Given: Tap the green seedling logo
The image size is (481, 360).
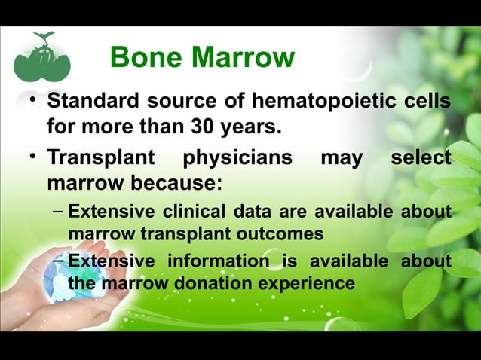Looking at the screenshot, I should point(41,57).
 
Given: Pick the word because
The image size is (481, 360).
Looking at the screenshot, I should point(159,184).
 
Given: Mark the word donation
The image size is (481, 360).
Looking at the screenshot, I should point(210,283).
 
